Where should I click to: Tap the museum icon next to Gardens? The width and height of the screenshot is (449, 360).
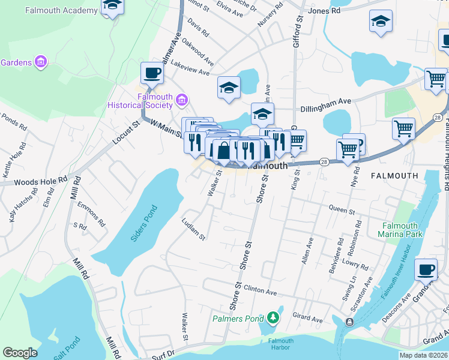[41, 62]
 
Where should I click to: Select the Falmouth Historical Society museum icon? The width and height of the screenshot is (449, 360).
[182, 100]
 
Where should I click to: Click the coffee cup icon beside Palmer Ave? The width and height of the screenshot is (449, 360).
[152, 73]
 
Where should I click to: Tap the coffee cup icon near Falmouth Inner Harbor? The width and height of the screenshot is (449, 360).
[426, 269]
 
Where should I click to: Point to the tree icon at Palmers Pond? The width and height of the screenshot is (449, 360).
[273, 317]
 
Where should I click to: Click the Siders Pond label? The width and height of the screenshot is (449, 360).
[144, 223]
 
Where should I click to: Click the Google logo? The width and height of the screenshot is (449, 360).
[20, 353]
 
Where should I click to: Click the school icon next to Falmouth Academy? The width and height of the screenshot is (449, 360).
[111, 6]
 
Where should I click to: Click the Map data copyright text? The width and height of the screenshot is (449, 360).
[423, 355]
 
